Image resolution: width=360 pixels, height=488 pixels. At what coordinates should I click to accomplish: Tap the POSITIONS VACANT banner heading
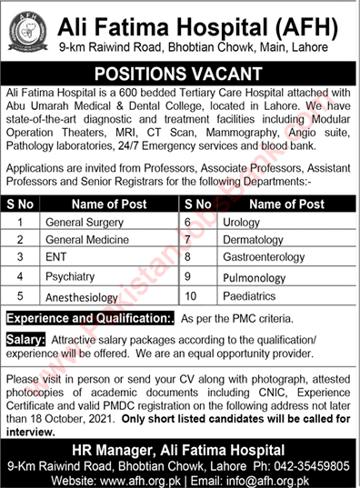[x=180, y=73]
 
